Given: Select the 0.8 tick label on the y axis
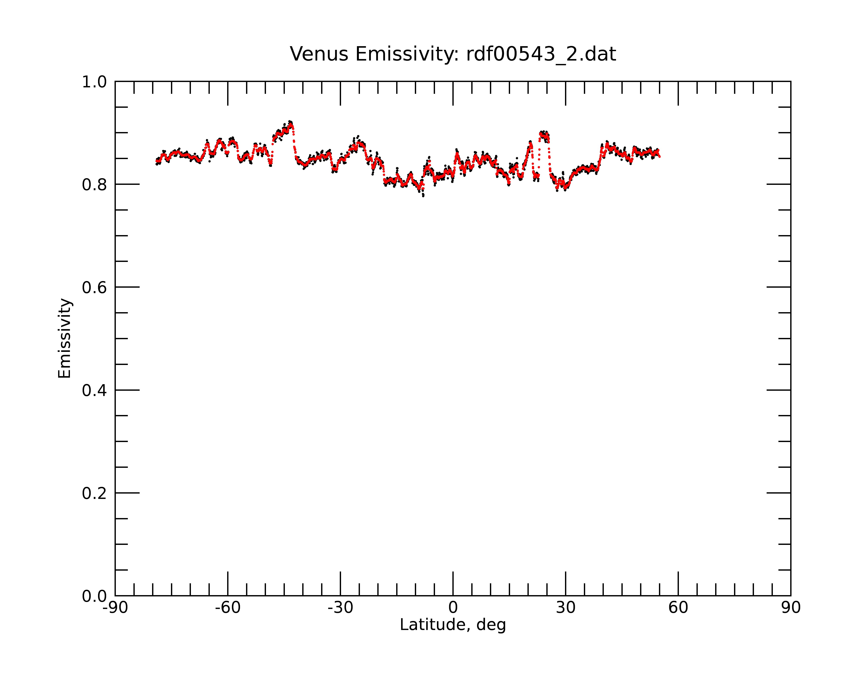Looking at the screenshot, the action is [94, 185].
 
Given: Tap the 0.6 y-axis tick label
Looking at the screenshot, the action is [94, 287].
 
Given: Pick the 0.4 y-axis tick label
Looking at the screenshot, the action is [94, 391].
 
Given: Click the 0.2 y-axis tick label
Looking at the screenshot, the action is [94, 493].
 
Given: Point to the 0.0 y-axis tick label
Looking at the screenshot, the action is [94, 596].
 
